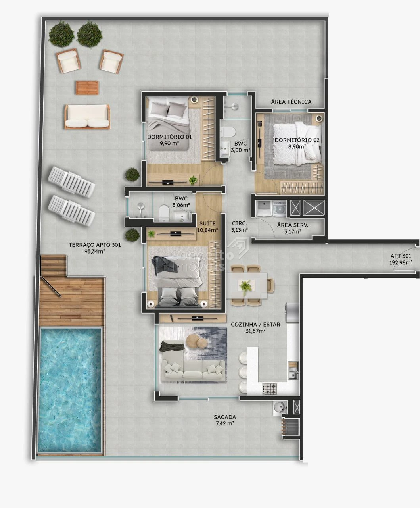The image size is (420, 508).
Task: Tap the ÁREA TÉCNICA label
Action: click(x=291, y=102)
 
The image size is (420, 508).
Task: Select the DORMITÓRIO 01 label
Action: click(x=169, y=137)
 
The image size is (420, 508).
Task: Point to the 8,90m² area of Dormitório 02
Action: click(x=297, y=146)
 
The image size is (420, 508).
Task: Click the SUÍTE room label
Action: click(x=207, y=223)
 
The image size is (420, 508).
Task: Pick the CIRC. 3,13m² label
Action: click(x=239, y=227)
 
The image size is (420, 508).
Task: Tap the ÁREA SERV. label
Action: click(x=292, y=225)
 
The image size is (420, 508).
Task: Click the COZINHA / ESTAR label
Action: click(x=255, y=324)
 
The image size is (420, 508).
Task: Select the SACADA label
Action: click(x=225, y=417)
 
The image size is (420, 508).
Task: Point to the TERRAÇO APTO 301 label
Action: click(x=95, y=245)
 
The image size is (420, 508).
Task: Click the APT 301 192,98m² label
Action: click(x=401, y=259)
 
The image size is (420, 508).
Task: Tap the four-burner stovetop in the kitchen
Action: click(x=270, y=388)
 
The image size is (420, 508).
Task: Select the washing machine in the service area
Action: click(x=280, y=208)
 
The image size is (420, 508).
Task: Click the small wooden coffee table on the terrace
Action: click(x=87, y=88)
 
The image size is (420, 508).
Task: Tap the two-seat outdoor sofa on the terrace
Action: click(x=87, y=117)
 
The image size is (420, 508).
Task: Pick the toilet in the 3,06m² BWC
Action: click(x=164, y=213)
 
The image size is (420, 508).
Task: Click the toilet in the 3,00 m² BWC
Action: click(x=228, y=132)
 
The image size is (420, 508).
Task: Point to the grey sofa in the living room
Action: click(x=192, y=369)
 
